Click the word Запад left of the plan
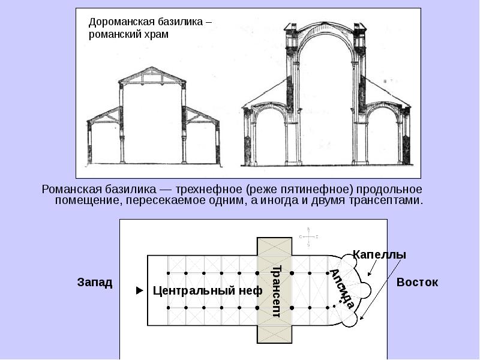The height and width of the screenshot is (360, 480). click(94, 282)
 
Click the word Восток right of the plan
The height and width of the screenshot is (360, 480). click(417, 282)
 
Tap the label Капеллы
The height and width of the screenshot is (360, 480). click(379, 254)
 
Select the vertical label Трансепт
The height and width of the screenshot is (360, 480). click(276, 290)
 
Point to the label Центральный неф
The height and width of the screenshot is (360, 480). click(208, 291)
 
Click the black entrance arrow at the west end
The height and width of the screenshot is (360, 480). click(140, 291)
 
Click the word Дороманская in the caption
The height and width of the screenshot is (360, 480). click(119, 22)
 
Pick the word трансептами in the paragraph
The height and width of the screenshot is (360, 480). click(391, 200)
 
